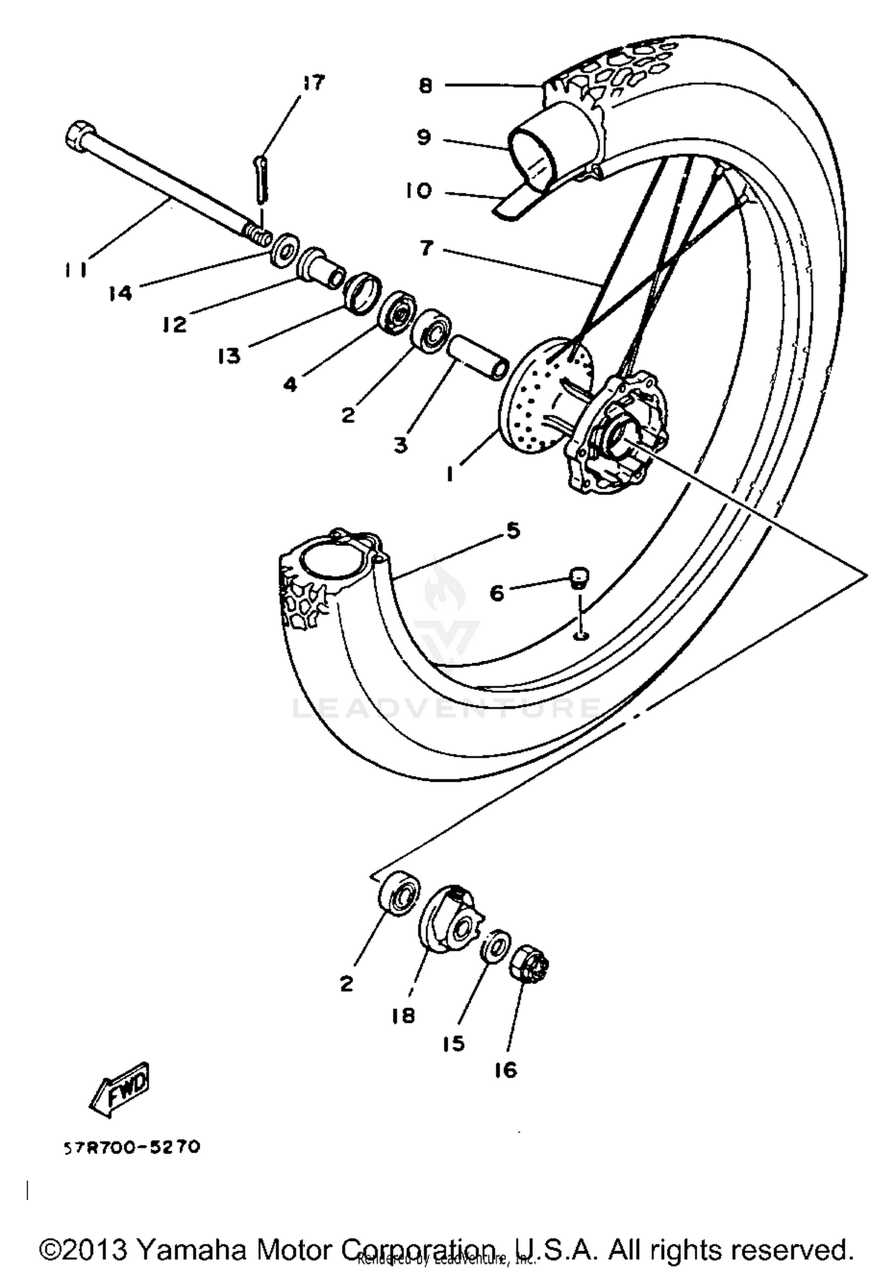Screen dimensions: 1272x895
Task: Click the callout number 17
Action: coord(313,83)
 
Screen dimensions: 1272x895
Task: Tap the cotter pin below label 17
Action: coord(262,178)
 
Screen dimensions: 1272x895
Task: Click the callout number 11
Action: coord(76,270)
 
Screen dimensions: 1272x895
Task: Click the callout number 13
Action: coord(229,356)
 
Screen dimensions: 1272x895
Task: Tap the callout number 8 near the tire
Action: coord(425,86)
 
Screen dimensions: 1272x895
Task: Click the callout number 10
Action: coord(418,191)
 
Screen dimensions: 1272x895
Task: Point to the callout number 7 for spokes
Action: coord(426,247)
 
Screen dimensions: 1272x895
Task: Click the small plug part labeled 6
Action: coord(578,577)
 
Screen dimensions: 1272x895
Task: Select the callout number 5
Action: coord(514,530)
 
